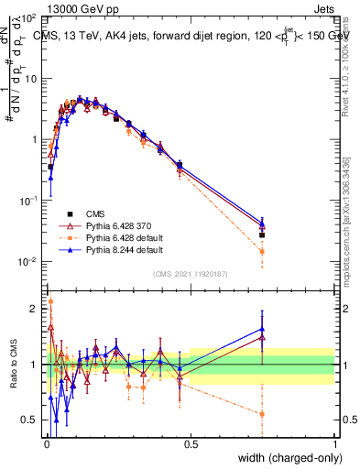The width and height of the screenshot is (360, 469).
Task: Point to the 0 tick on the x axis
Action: click(46, 444)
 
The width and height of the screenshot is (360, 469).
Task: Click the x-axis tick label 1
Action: click(334, 444)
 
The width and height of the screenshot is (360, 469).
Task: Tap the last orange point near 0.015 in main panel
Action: click(262, 251)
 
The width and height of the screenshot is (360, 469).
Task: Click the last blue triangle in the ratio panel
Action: click(262, 329)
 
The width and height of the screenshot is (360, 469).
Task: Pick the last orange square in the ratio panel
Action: click(262, 414)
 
